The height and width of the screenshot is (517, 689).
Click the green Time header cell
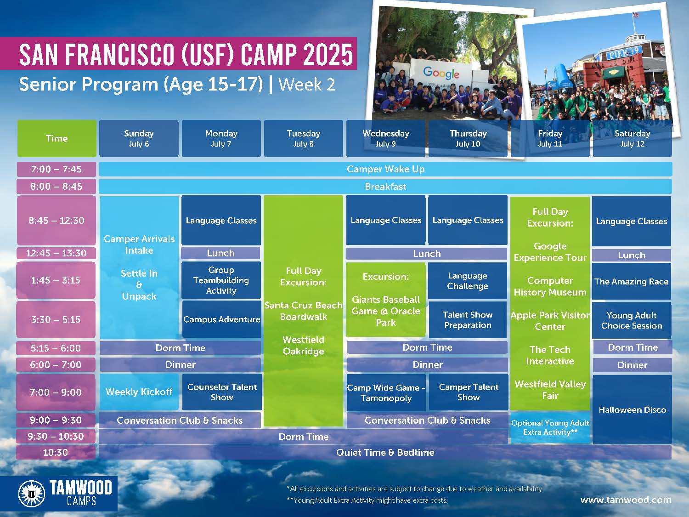click(56, 138)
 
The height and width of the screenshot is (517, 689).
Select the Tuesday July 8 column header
click(303, 138)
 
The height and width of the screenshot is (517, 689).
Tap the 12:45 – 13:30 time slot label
click(56, 253)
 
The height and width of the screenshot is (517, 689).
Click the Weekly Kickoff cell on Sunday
click(139, 392)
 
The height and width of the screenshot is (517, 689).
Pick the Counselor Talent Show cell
click(221, 392)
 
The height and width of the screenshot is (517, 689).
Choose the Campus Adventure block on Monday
click(221, 319)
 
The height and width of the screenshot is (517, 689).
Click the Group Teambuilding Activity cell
click(221, 280)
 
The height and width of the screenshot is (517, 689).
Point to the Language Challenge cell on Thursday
click(468, 281)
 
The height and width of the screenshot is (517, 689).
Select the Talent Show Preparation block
click(468, 320)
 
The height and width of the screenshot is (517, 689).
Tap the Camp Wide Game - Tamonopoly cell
click(386, 392)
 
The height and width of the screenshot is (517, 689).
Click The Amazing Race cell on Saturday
click(632, 281)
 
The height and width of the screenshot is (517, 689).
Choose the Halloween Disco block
click(632, 409)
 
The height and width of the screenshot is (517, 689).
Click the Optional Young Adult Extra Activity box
click(550, 427)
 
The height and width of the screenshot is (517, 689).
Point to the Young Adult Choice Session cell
click(632, 320)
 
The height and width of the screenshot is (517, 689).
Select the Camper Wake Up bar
click(385, 169)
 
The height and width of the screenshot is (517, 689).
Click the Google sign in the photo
click(441, 73)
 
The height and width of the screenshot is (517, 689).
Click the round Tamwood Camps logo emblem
click(31, 494)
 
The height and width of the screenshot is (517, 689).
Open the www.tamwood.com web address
click(626, 500)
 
